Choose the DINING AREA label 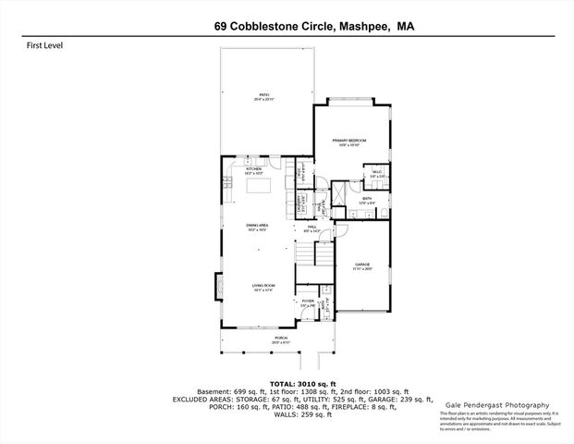point(257,227)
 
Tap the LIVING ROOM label point(264,288)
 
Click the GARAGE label point(363,266)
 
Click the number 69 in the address point(219,28)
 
